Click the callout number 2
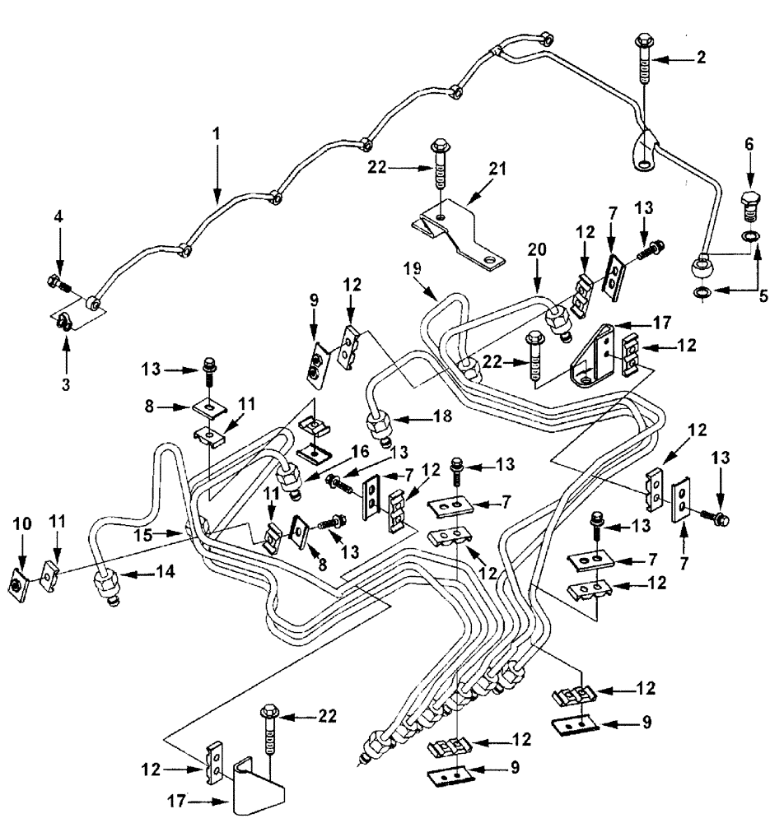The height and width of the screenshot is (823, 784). click(701, 58)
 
